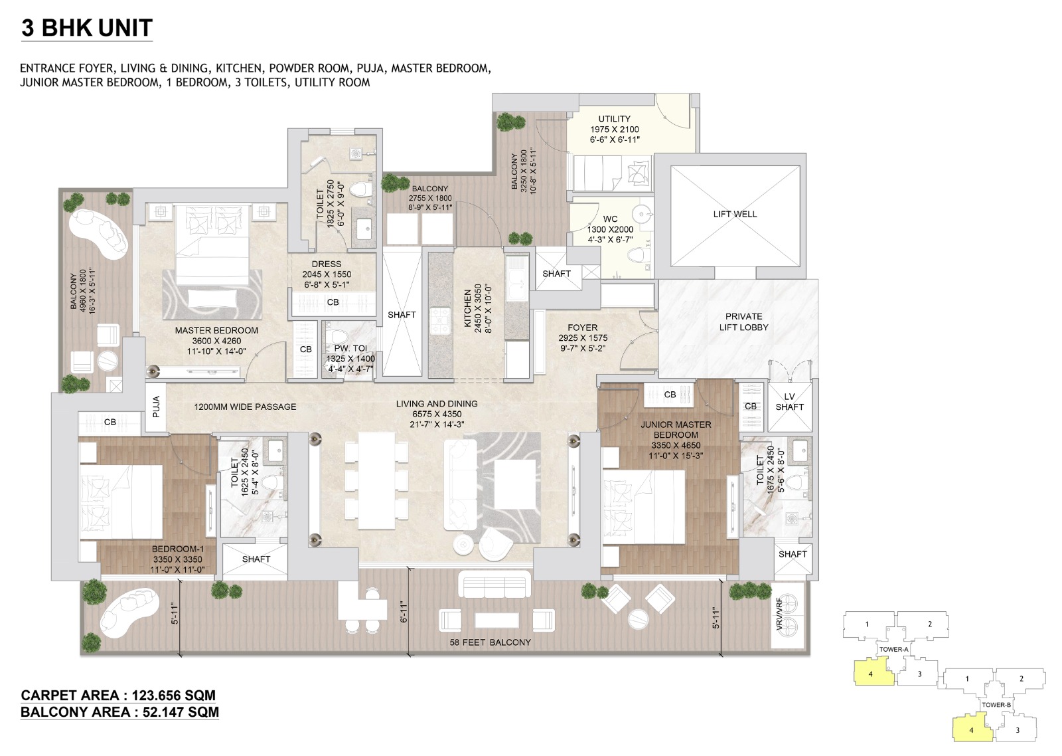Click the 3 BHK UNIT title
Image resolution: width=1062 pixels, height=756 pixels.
(x=87, y=28)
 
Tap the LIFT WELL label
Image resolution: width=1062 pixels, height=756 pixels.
(x=735, y=214)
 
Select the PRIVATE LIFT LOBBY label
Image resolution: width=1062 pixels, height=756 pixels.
(x=743, y=322)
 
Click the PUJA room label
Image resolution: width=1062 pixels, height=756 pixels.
(x=156, y=407)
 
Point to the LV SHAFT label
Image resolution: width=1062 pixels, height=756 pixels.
(x=789, y=401)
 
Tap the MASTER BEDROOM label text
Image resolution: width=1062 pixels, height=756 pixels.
(x=216, y=330)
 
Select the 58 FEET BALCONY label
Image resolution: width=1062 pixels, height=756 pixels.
(x=490, y=642)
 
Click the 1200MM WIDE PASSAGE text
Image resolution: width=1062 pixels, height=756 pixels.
(x=245, y=407)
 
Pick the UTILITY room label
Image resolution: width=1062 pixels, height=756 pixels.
(x=614, y=119)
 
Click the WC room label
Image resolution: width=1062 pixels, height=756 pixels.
(x=610, y=219)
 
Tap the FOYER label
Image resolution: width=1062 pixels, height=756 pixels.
(x=582, y=328)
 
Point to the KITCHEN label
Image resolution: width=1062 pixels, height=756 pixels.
(x=468, y=308)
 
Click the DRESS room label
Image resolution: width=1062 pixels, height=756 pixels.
(x=327, y=264)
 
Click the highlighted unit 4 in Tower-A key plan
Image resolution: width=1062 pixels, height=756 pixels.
(x=870, y=674)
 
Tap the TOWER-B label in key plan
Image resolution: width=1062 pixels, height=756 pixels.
(x=996, y=705)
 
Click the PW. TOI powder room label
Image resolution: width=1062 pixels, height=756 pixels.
(x=350, y=348)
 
